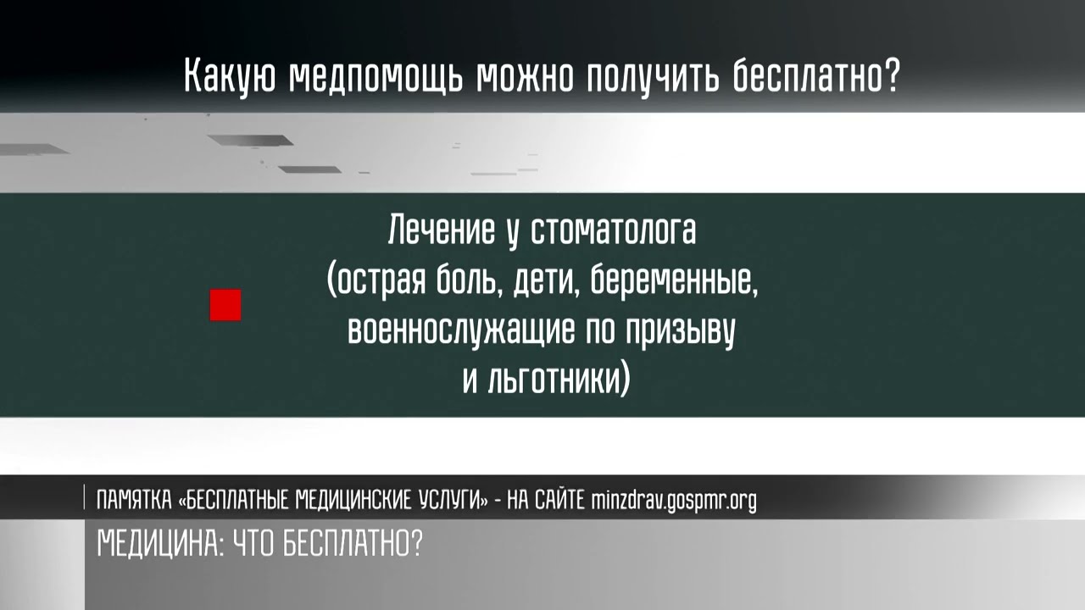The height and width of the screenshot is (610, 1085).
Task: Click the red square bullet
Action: pos(225,306)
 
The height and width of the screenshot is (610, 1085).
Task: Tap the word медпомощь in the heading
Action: pos(377,77)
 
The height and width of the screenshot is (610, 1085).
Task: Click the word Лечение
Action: pos(442,230)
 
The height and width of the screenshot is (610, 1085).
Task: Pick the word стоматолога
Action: pos(613,230)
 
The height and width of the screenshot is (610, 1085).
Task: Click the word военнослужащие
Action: pos(459,330)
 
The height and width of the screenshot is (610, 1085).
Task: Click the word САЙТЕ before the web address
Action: pos(559,501)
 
